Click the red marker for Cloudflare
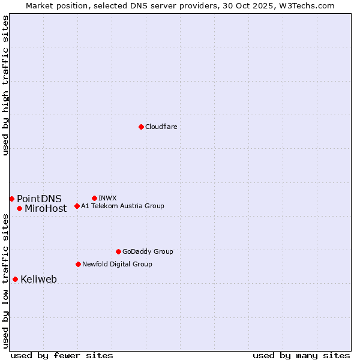tap(141, 127)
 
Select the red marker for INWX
tap(94, 198)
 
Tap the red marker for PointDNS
tap(11, 199)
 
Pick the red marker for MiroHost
tap(19, 208)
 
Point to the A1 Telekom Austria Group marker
tap(77, 206)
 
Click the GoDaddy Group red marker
tap(118, 251)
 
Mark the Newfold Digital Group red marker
tap(78, 264)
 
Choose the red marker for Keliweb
tap(15, 279)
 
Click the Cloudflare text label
tap(161, 127)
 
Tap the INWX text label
tap(107, 198)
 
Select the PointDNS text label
tap(39, 199)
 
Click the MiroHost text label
tap(46, 209)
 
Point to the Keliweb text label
tap(38, 280)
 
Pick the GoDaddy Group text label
tap(148, 251)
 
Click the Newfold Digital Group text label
tap(117, 264)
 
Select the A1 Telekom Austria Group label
tap(122, 206)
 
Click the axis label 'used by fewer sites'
tap(62, 355)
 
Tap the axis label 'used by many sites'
tap(301, 355)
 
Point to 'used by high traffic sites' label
tap(5, 85)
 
